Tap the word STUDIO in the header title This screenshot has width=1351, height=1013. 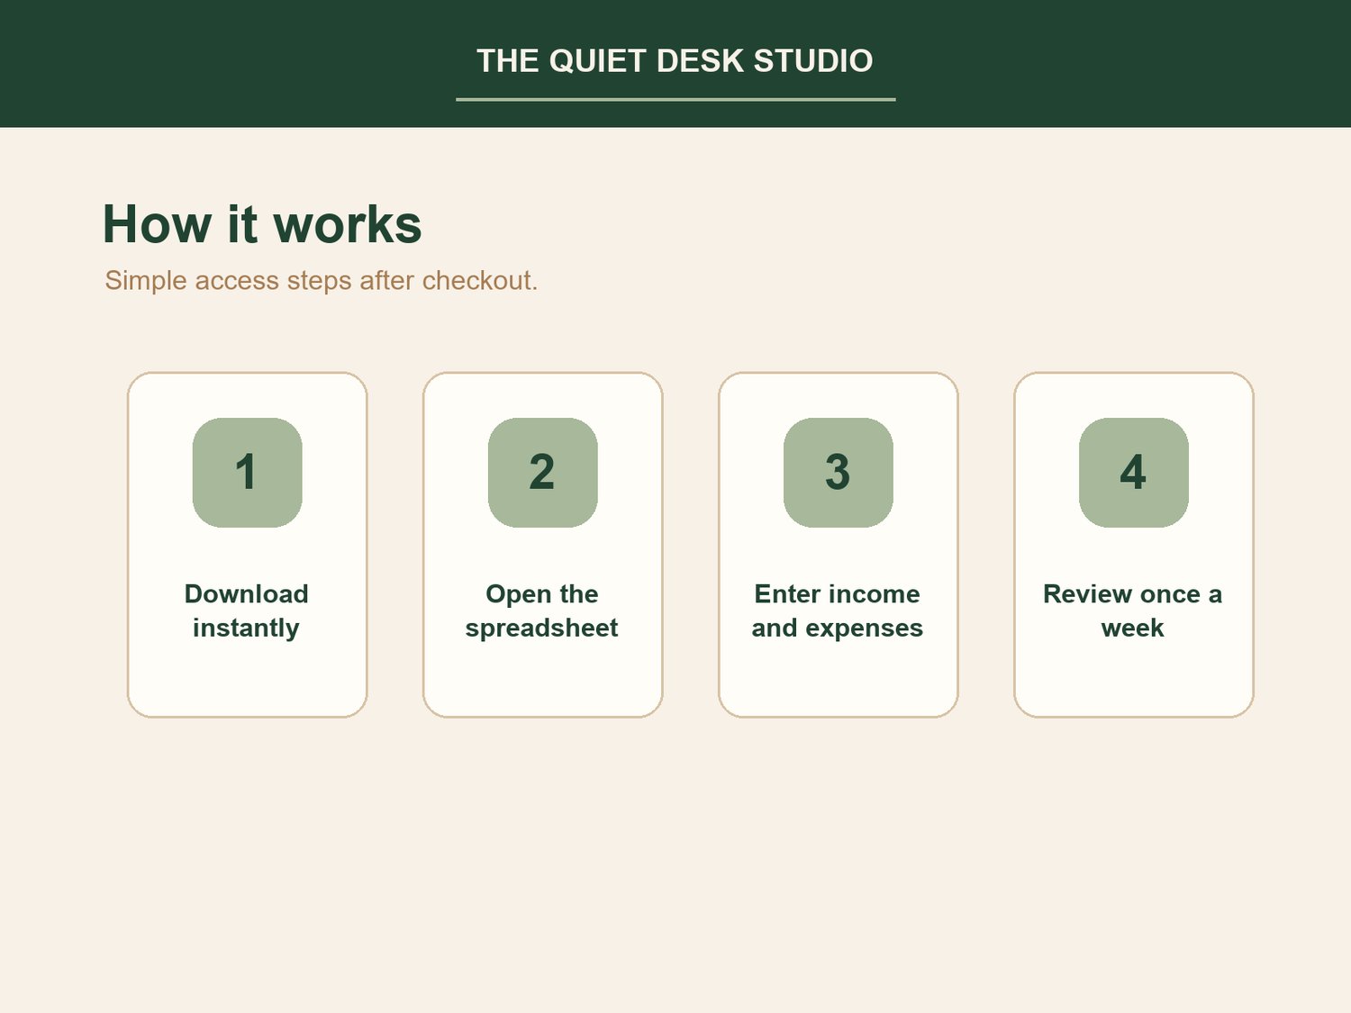click(813, 61)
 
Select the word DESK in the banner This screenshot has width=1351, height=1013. click(701, 61)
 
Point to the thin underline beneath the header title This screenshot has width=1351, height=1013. click(675, 99)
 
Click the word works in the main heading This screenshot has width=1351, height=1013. click(348, 224)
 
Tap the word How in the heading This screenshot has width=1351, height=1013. click(157, 224)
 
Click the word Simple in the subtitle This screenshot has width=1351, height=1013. click(146, 281)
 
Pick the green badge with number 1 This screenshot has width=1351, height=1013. click(248, 473)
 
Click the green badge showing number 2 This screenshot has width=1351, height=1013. click(543, 473)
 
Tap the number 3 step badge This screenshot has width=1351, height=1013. click(839, 473)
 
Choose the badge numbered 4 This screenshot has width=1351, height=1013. click(1134, 473)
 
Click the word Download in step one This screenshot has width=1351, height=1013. click(246, 594)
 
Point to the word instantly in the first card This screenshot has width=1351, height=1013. click(246, 629)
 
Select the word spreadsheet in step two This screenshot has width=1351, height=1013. click(541, 629)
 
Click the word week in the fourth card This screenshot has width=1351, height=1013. click(1132, 629)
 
